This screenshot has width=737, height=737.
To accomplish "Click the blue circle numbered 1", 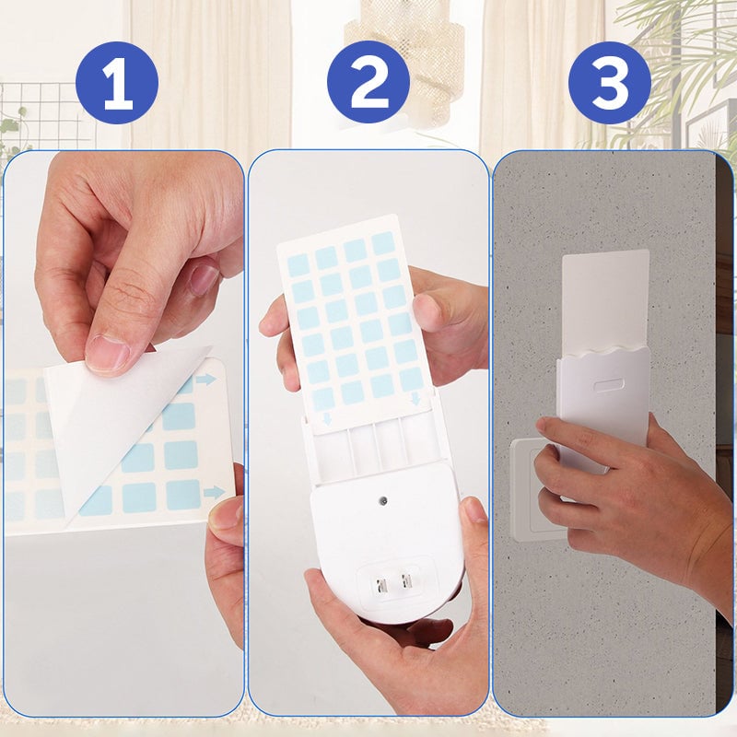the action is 117,83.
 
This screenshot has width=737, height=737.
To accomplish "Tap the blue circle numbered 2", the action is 368,83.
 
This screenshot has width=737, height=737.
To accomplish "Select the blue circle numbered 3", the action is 610,83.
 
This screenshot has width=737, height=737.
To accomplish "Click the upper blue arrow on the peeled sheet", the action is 205,380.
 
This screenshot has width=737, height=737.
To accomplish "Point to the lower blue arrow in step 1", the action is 215,493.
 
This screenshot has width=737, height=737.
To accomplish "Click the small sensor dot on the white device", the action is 384,500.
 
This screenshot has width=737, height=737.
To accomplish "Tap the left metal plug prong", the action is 379,586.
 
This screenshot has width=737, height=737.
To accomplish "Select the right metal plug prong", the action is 404,581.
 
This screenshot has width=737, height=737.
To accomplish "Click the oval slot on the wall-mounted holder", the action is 609,385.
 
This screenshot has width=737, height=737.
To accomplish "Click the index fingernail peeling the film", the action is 108,350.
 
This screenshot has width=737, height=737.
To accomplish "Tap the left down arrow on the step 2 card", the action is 328,419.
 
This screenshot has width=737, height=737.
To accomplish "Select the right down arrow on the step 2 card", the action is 415,399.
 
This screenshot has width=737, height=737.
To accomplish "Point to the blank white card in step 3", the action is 606,301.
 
